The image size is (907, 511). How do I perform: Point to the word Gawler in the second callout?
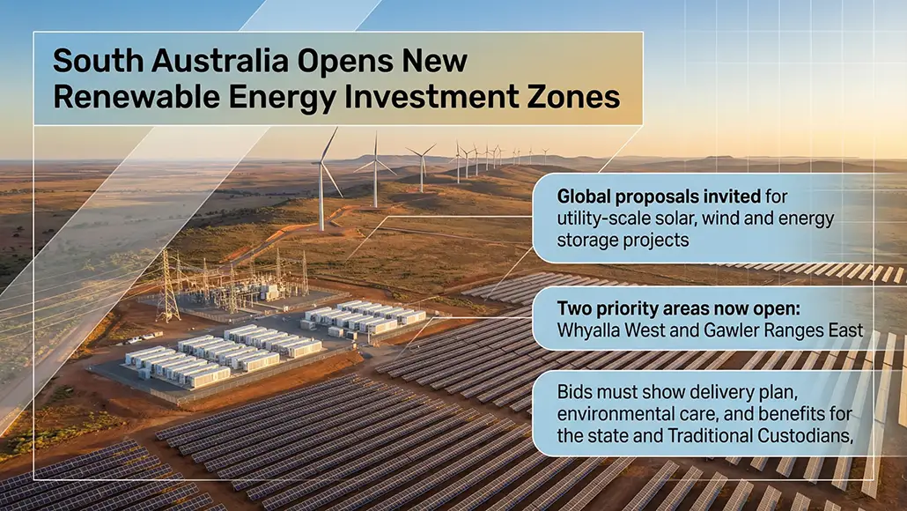click(743, 331)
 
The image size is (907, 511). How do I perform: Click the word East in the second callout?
click(845, 331)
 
